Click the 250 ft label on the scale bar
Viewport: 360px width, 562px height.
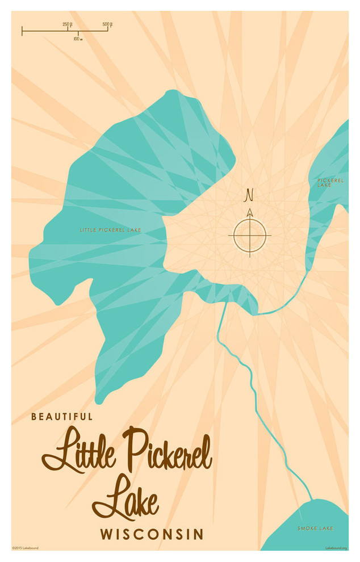coord(67,24)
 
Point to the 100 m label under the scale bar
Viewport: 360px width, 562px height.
coord(78,38)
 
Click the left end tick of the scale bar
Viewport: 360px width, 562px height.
coord(22,31)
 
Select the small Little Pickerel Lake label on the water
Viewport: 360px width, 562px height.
coord(110,230)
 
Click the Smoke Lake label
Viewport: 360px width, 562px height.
coord(315,529)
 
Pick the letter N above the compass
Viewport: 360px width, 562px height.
coord(249,196)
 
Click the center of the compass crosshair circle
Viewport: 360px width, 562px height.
coord(250,235)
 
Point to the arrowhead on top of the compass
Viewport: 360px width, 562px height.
coord(250,212)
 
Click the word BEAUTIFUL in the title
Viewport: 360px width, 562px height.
coord(62,416)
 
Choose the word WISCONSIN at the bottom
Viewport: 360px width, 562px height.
coord(152,534)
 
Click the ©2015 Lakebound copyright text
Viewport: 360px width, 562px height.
coord(26,548)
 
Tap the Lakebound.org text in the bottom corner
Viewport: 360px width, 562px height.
coord(336,548)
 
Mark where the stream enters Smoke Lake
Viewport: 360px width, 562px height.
coord(311,500)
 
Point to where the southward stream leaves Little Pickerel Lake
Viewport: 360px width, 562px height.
coord(227,303)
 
